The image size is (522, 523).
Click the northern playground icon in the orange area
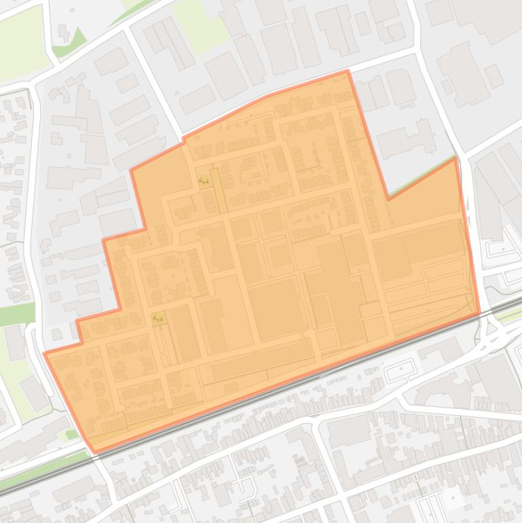(x=203, y=181)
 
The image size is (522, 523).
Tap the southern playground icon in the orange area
(x=159, y=318)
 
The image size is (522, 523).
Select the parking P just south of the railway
(x=400, y=369)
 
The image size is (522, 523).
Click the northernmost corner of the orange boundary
(x=348, y=71)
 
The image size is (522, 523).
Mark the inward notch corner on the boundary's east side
(x=388, y=198)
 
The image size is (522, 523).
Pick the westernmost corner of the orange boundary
(x=45, y=353)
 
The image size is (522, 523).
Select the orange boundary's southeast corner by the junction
(x=479, y=313)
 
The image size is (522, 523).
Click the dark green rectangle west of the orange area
(x=16, y=314)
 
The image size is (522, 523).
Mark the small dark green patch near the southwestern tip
(x=71, y=434)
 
